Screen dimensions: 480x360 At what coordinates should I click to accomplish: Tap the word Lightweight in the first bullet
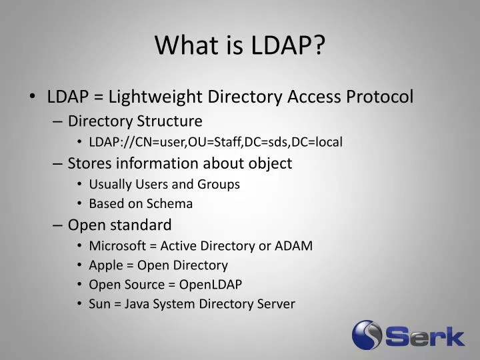(x=155, y=97)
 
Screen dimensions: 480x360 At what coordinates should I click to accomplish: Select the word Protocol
(x=379, y=97)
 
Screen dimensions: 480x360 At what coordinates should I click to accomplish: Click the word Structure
(x=169, y=121)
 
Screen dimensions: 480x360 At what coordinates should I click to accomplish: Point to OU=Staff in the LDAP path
(x=214, y=142)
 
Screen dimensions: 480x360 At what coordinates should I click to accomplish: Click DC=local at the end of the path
(x=317, y=142)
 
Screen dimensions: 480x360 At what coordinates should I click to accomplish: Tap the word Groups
(x=219, y=185)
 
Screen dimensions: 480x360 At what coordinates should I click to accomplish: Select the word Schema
(x=169, y=203)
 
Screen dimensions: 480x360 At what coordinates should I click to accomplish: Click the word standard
(x=141, y=225)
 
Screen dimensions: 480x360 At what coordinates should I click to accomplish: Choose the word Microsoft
(x=117, y=246)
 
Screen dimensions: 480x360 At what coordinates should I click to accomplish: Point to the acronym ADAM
(x=293, y=246)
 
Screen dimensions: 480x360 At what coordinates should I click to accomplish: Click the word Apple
(x=106, y=266)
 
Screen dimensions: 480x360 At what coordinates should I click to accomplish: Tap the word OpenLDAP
(x=210, y=285)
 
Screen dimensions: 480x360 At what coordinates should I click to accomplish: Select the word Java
(x=136, y=304)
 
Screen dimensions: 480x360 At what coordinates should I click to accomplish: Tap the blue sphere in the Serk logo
(x=367, y=335)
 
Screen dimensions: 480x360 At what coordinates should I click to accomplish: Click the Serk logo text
(x=425, y=336)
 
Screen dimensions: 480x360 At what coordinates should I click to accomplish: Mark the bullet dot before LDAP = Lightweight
(x=32, y=97)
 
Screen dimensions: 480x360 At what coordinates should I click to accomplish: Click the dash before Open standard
(x=57, y=225)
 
